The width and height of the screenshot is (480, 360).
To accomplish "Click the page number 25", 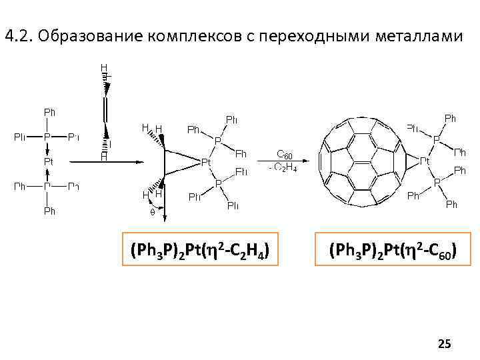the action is tap(444, 344).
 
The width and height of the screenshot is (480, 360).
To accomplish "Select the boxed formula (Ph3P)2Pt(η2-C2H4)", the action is tap(201, 249).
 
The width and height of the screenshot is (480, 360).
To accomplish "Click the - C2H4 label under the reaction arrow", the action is tap(284, 167).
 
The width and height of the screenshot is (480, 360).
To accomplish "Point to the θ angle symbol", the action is tap(151, 212).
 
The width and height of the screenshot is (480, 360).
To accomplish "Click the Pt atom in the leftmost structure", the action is tap(49, 161).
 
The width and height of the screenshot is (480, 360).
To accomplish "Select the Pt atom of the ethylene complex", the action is tap(207, 161).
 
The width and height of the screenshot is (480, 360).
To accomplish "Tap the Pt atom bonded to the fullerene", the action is tap(423, 161).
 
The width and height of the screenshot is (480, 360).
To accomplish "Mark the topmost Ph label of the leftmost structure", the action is tap(49, 111).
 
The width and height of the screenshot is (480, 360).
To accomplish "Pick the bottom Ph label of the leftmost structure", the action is tap(49, 211).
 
